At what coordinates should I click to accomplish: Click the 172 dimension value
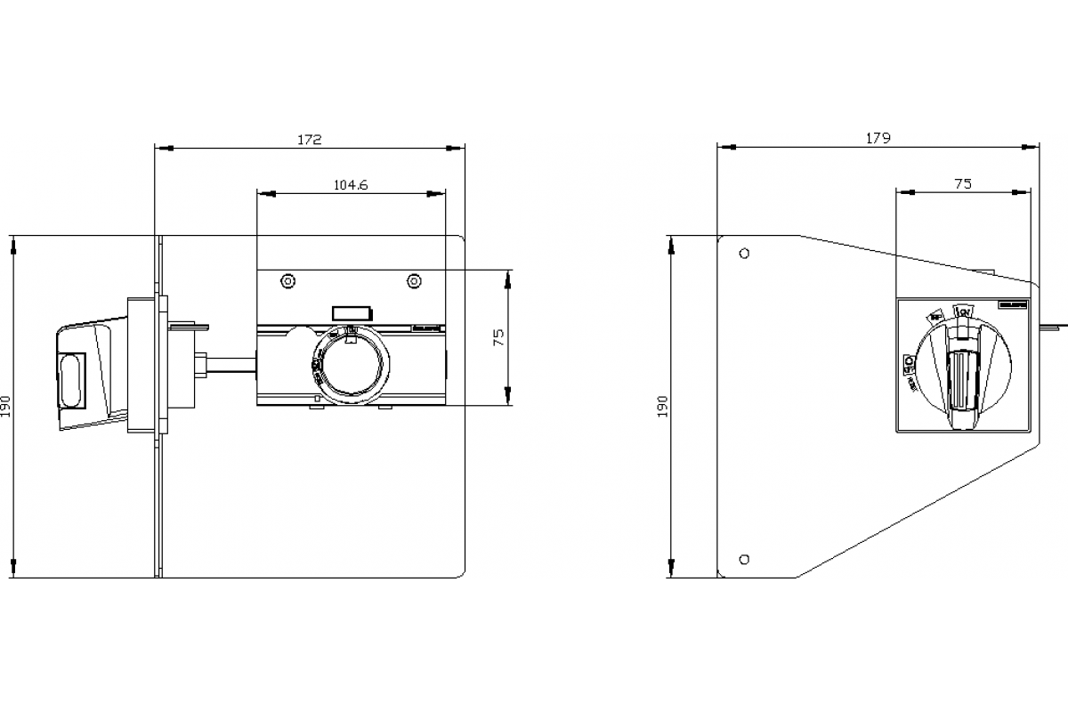click(x=309, y=140)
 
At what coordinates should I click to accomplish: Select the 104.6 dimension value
click(x=351, y=185)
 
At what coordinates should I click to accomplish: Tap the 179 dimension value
click(x=878, y=138)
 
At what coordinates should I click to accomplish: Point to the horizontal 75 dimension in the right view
click(x=962, y=184)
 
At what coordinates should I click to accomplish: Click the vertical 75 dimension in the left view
click(x=499, y=336)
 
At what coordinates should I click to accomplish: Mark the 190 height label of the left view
click(x=8, y=407)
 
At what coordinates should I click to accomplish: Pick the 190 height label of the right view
click(x=660, y=407)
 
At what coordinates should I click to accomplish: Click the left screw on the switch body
click(x=287, y=281)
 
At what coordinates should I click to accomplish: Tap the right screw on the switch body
click(x=414, y=281)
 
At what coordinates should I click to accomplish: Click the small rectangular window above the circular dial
click(x=352, y=312)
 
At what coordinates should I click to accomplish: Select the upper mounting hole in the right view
click(x=744, y=253)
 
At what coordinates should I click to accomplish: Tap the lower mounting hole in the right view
click(x=744, y=559)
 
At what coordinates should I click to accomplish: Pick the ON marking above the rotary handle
click(x=962, y=311)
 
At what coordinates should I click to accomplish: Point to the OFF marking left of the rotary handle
click(x=909, y=362)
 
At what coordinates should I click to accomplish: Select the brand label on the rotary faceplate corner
click(x=1012, y=304)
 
